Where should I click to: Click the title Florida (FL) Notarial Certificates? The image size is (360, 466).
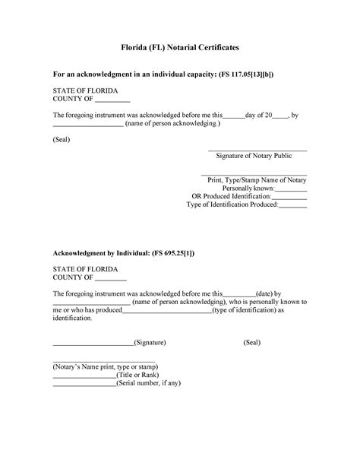(x=180, y=47)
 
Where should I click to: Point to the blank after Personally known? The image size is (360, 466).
(x=291, y=188)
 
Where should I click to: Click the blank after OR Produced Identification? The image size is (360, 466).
(x=289, y=196)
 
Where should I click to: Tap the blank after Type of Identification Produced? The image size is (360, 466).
(x=294, y=204)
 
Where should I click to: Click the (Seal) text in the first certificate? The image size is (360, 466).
(x=62, y=140)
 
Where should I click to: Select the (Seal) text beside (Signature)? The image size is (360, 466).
(x=252, y=343)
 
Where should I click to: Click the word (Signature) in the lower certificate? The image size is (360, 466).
(x=150, y=343)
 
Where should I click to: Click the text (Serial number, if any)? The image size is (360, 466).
(x=149, y=383)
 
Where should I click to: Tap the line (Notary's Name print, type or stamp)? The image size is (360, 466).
(x=104, y=366)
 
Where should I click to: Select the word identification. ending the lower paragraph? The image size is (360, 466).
(x=72, y=319)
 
